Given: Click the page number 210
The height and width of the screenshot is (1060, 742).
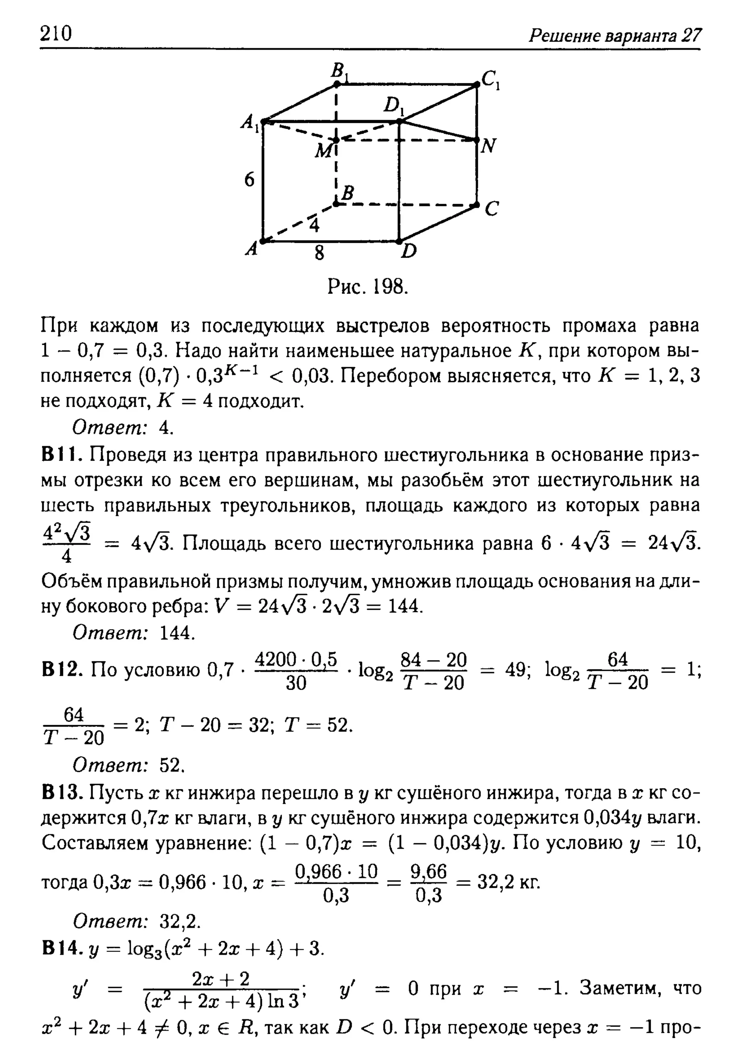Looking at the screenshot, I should pos(56,34).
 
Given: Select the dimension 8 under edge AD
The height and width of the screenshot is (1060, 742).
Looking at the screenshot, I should pos(319,253).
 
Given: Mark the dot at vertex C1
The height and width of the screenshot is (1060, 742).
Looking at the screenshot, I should pos(477,84).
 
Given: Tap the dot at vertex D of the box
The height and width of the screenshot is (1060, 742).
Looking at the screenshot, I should pos(399,241).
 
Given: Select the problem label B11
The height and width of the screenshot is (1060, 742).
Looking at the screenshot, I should pos(62,455).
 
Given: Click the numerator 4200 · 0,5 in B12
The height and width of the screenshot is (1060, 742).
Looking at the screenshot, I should pos(296,659).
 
